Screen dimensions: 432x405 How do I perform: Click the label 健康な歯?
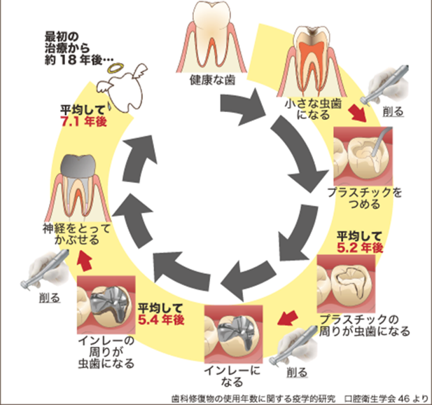(x=212, y=80)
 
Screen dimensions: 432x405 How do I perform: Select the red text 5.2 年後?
(x=360, y=248)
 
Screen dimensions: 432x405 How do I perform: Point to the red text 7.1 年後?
(x=84, y=122)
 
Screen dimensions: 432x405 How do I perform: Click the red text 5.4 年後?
(x=161, y=320)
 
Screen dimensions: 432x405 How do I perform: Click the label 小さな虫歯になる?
(x=314, y=109)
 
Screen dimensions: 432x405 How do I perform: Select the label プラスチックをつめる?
(x=364, y=198)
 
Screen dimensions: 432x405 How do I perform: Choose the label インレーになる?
(x=232, y=376)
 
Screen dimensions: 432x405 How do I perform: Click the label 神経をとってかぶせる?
(x=76, y=234)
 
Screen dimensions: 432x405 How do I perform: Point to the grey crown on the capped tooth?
(x=78, y=165)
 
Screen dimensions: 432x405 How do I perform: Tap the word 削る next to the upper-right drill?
(x=393, y=111)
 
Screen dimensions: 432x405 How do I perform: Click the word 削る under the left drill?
(x=50, y=298)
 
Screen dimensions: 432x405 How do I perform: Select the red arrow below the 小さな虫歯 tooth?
(x=357, y=113)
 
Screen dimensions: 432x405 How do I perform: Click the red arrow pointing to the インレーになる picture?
(x=287, y=318)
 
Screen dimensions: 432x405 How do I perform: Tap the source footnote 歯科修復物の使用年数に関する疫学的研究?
(x=253, y=399)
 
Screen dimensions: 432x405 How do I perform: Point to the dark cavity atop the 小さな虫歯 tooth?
(x=312, y=32)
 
